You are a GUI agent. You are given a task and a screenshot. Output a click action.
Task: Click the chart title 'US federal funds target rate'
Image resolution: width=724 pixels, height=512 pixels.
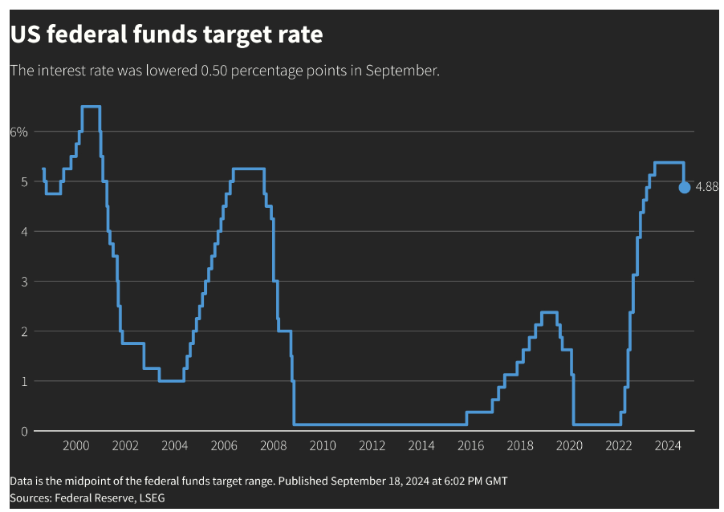tap(166, 35)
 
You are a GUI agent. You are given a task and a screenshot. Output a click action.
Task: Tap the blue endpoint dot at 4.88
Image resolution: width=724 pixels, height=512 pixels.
tap(684, 187)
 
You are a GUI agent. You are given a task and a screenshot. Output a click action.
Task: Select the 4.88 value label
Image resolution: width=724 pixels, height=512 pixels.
tap(706, 187)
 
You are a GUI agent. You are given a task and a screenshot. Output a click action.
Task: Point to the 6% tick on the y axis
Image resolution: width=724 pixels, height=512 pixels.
tap(18, 132)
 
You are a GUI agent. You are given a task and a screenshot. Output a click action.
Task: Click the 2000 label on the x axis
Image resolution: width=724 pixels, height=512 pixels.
tap(75, 446)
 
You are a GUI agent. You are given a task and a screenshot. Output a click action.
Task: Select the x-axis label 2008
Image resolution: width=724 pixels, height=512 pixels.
tap(273, 446)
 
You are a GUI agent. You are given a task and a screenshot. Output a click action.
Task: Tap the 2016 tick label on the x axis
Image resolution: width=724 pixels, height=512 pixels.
tap(470, 446)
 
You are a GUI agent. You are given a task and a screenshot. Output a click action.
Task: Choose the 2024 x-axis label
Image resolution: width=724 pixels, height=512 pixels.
tap(668, 446)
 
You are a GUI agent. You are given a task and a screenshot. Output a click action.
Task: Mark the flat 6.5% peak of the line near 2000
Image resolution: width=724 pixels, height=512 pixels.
tap(91, 106)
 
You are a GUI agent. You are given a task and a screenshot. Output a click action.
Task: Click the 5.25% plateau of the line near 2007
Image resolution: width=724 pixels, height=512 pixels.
tap(248, 169)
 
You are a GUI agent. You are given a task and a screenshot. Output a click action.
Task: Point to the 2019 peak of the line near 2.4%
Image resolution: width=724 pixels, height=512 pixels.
tap(549, 312)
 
